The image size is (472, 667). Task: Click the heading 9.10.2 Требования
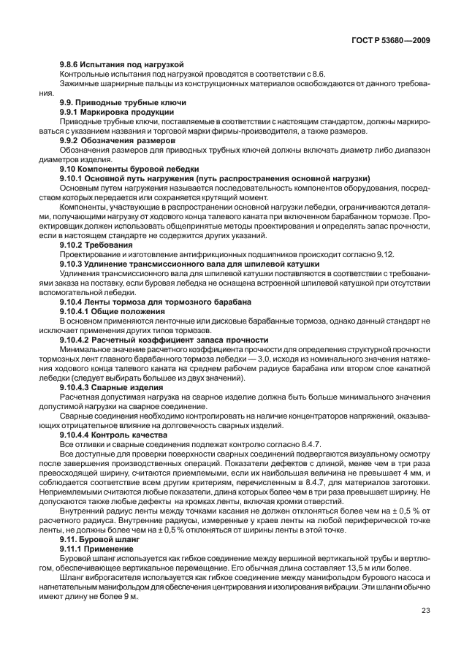tap(92, 244)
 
